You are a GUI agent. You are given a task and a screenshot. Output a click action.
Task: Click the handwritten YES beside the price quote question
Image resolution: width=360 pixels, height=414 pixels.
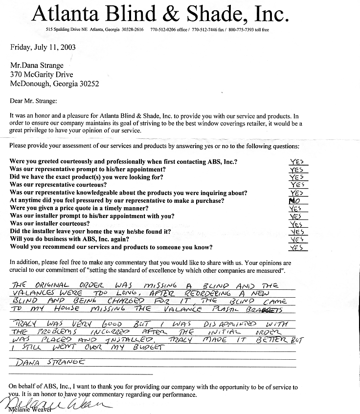[x=295, y=208]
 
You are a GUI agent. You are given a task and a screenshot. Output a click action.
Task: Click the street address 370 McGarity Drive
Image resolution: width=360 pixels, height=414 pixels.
[x=42, y=75]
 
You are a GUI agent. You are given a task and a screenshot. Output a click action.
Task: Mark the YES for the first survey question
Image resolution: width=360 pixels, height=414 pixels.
[x=296, y=161]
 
